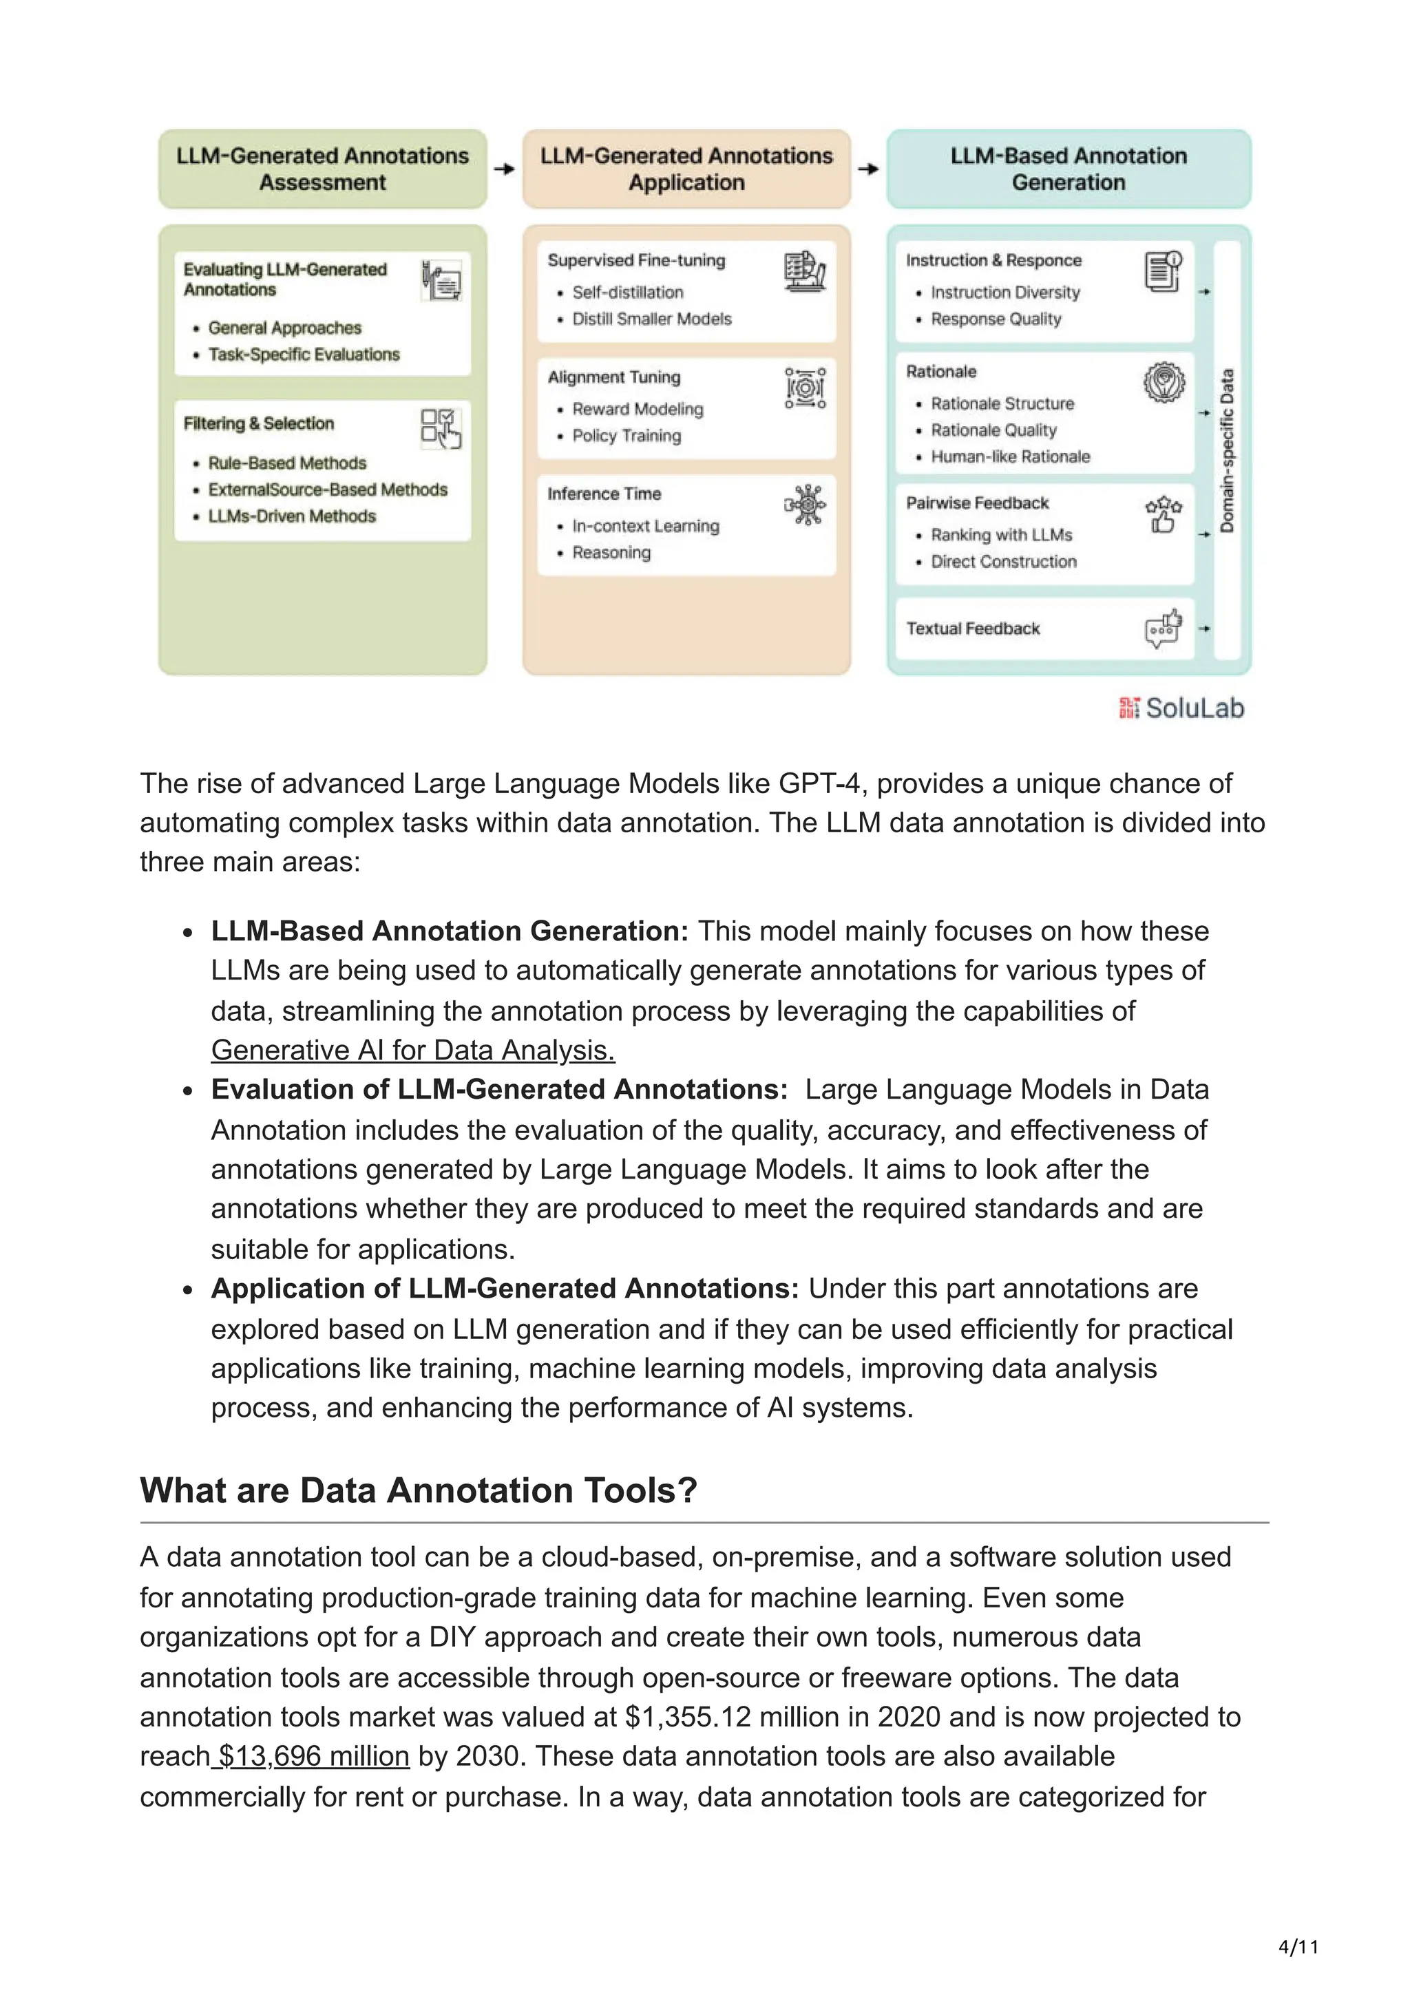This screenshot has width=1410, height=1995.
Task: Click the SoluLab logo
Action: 1181,708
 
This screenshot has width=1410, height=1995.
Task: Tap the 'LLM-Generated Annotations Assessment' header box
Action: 322,169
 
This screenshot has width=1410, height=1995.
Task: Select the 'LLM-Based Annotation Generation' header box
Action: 1068,169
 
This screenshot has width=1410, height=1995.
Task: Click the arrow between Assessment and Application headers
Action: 504,169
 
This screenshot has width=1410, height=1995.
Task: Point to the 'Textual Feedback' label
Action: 972,629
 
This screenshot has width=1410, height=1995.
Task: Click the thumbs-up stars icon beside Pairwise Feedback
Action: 1164,514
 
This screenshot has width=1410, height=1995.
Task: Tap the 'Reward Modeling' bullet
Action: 637,409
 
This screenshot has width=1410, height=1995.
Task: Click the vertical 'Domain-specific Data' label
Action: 1227,451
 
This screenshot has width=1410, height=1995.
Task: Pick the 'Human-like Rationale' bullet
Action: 1009,457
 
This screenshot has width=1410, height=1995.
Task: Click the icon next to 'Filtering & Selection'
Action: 441,428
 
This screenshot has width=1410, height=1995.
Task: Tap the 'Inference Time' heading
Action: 604,494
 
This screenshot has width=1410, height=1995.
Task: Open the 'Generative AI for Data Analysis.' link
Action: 412,1051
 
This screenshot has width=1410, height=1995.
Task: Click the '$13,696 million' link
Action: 313,1756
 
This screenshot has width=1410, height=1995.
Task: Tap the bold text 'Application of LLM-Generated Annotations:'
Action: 504,1289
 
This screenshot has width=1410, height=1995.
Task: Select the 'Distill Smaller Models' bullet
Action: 651,319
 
